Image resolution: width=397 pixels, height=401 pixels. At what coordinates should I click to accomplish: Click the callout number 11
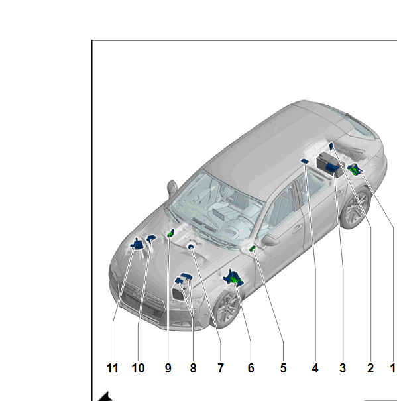(x=112, y=369)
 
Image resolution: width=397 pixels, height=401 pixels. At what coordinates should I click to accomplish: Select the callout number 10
(x=138, y=369)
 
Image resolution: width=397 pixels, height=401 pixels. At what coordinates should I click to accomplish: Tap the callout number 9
(x=168, y=369)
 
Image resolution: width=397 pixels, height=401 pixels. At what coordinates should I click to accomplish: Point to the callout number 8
(x=193, y=369)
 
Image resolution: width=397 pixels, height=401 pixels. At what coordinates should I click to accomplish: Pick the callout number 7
(x=221, y=369)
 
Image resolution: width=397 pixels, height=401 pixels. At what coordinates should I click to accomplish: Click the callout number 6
(x=251, y=369)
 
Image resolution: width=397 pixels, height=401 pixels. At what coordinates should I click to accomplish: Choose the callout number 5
(x=283, y=369)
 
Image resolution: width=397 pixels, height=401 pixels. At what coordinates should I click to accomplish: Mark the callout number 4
(x=315, y=369)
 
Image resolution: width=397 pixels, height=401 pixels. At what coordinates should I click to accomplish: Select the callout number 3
(x=343, y=369)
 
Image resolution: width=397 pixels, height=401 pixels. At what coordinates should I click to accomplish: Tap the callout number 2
(x=370, y=369)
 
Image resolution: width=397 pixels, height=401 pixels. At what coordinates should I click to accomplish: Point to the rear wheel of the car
(x=355, y=208)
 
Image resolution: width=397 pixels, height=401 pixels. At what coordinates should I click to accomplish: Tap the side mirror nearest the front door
(x=270, y=240)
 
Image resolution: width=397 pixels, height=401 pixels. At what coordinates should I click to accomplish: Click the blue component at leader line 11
(x=138, y=244)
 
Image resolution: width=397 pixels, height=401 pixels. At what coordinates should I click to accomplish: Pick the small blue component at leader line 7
(x=191, y=247)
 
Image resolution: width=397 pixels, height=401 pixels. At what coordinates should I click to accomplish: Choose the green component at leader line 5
(x=253, y=248)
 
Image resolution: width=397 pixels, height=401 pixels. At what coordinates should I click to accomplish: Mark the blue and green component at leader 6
(x=233, y=278)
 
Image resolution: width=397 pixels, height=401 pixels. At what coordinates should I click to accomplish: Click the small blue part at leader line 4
(x=305, y=161)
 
